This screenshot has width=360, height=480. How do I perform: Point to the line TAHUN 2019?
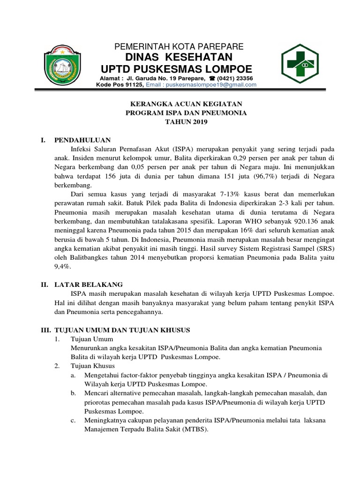[x=180, y=122]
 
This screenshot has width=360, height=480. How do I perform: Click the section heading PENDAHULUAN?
[x=82, y=140]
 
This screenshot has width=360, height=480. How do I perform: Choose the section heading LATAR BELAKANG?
[x=89, y=285]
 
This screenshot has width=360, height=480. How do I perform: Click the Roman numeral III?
[x=45, y=330]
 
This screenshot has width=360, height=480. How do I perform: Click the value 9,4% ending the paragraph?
[x=62, y=265]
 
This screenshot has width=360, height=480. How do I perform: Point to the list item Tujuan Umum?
[x=89, y=339]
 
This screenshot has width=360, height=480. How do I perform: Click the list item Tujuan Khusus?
[x=90, y=366]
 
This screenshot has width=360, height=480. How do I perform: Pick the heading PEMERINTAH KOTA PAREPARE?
[x=180, y=46]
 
